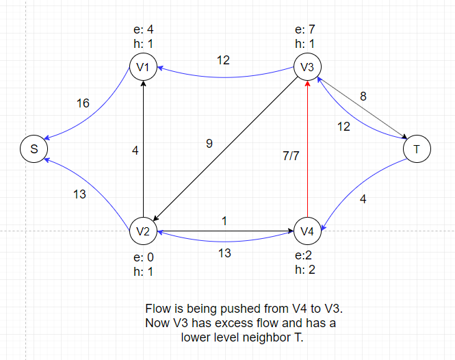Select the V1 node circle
coord(144,67)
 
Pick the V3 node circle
coord(307,67)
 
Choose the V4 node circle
coord(307,231)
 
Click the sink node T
coord(417,149)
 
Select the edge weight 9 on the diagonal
coord(209,144)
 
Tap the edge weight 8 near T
coord(363,97)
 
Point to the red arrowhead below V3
coord(307,84)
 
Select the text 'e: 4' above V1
coord(144,29)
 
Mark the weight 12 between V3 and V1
coord(223,60)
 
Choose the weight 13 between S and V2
coord(79,194)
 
